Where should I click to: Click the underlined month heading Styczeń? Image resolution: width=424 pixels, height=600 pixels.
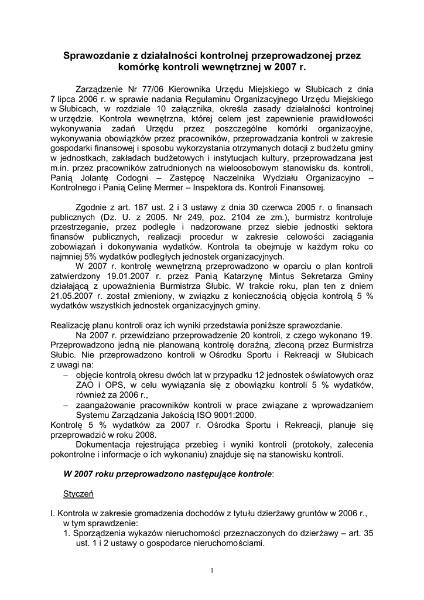78,494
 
